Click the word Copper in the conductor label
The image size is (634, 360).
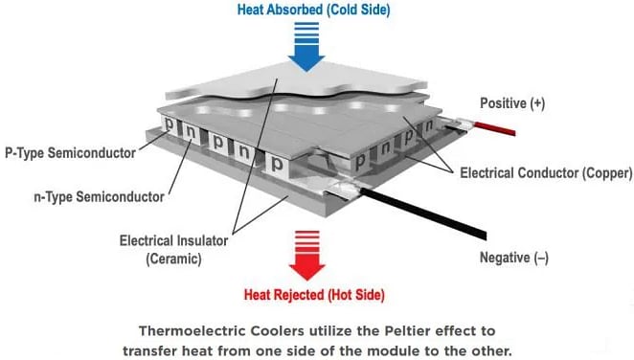pos(605,174)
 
